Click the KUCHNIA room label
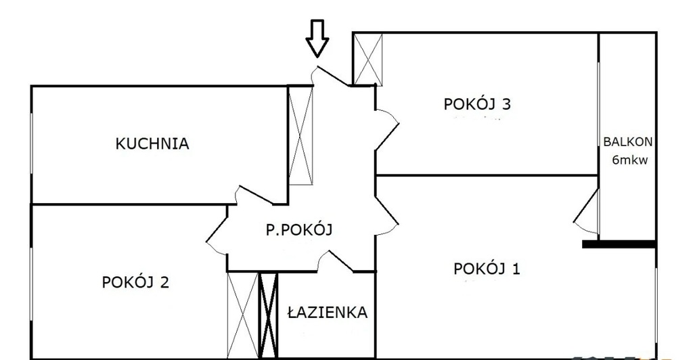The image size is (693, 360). click(x=152, y=143)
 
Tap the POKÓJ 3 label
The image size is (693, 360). click(x=476, y=104)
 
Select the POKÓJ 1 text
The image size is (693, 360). click(x=487, y=269)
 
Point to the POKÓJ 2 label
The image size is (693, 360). click(x=135, y=282)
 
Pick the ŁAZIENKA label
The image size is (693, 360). click(x=327, y=313)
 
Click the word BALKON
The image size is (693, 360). click(x=628, y=142)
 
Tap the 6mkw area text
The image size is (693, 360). click(x=628, y=160)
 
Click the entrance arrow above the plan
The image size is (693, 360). click(x=317, y=38)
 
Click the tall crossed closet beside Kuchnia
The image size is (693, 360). click(x=301, y=135)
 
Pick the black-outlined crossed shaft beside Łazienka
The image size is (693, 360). click(x=269, y=315)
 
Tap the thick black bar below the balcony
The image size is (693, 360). click(x=619, y=244)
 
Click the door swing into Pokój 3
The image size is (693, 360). click(x=387, y=122)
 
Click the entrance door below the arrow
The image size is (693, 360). click(x=330, y=76)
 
